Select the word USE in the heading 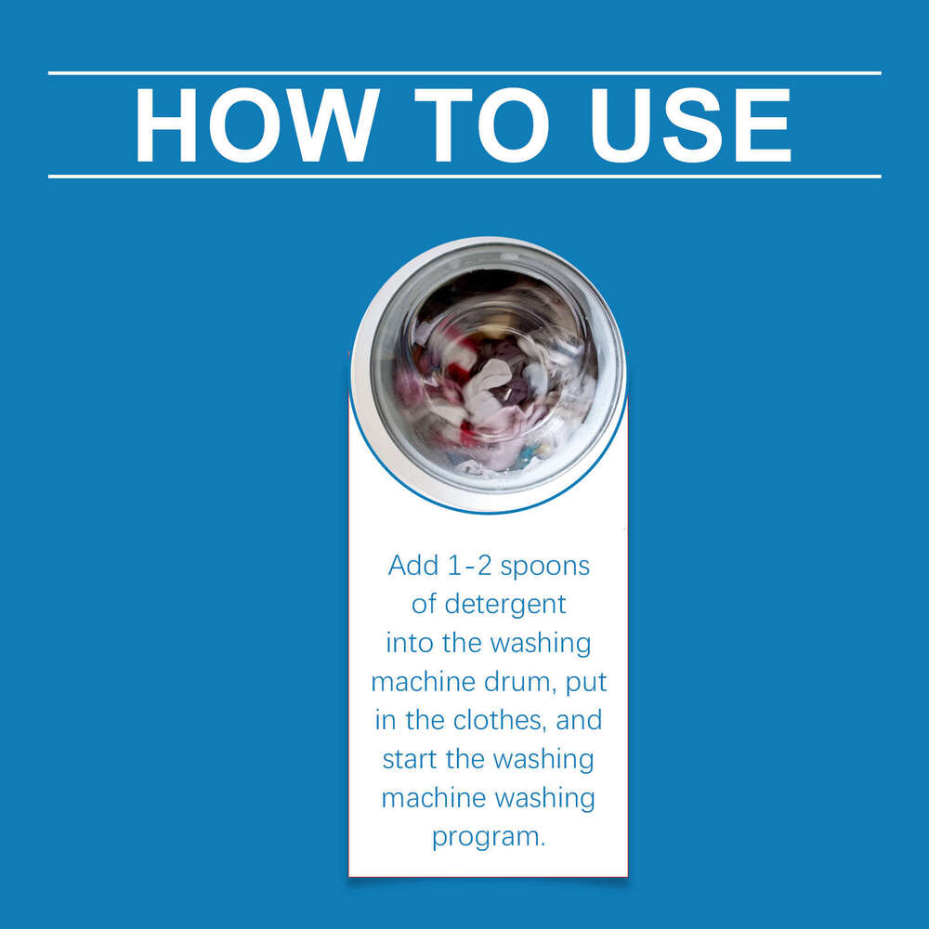pos(691,125)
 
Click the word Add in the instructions pos(413,565)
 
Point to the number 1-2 pos(470,565)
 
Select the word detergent pos(505,606)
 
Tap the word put pos(586,684)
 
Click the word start pos(410,760)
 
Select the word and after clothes pos(579,721)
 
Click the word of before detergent pos(423,605)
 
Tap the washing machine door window pos(490,373)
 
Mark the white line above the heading pos(464,73)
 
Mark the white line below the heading pos(464,176)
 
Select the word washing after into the pos(541,645)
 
